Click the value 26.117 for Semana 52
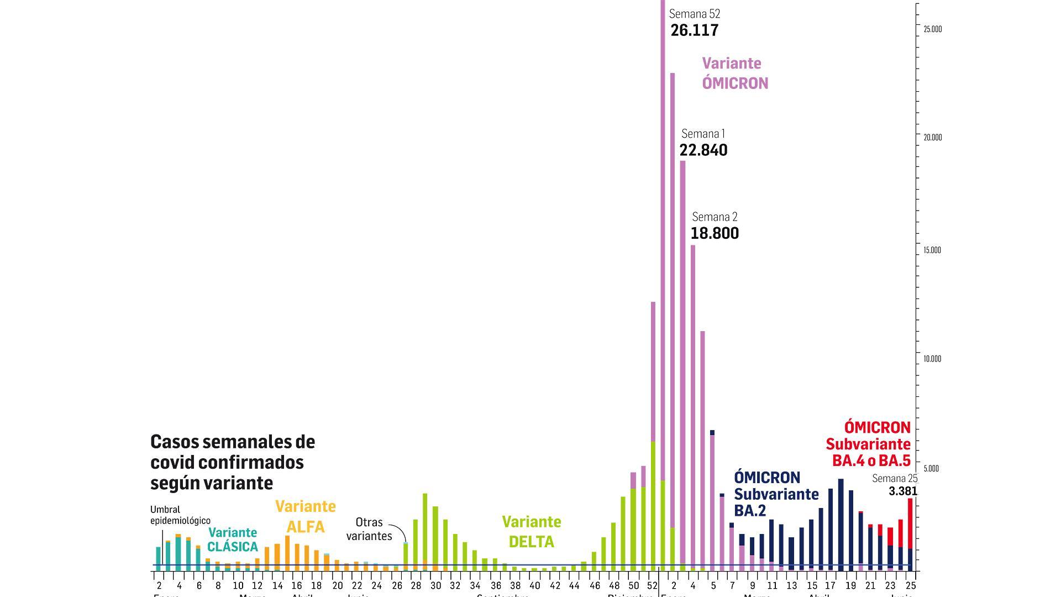pyautogui.click(x=695, y=30)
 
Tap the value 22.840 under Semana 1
pyautogui.click(x=703, y=150)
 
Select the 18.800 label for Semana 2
pyautogui.click(x=715, y=233)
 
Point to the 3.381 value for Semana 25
pyautogui.click(x=902, y=491)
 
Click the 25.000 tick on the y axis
pyautogui.click(x=932, y=29)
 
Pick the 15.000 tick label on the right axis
pyautogui.click(x=932, y=250)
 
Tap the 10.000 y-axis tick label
pyautogui.click(x=932, y=359)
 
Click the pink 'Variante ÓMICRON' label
pyautogui.click(x=735, y=73)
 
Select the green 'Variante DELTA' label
pyautogui.click(x=531, y=532)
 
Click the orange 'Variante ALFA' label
pyautogui.click(x=306, y=516)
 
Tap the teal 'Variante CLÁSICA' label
pyautogui.click(x=233, y=540)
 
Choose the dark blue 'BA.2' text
pyautogui.click(x=750, y=511)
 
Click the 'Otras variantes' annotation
pyautogui.click(x=369, y=529)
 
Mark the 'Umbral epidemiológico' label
pyautogui.click(x=180, y=515)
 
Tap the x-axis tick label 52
pyautogui.click(x=652, y=586)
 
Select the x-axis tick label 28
pyautogui.click(x=416, y=586)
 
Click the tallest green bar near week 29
pyautogui.click(x=425, y=531)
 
